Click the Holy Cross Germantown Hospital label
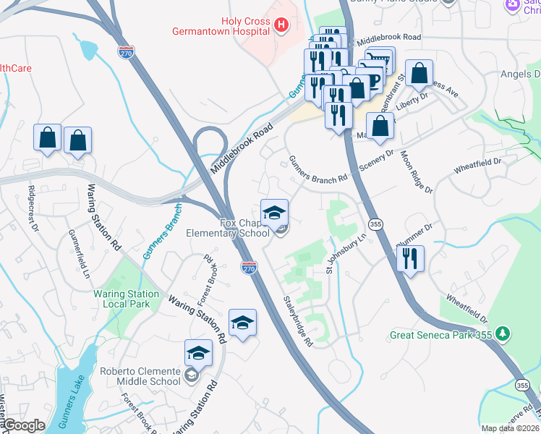click(x=220, y=26)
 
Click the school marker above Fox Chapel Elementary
click(x=274, y=213)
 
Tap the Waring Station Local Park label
click(x=126, y=299)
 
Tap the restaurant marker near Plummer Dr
click(x=410, y=258)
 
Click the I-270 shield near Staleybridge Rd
click(x=249, y=268)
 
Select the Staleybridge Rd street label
click(x=297, y=320)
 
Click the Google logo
click(x=24, y=426)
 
